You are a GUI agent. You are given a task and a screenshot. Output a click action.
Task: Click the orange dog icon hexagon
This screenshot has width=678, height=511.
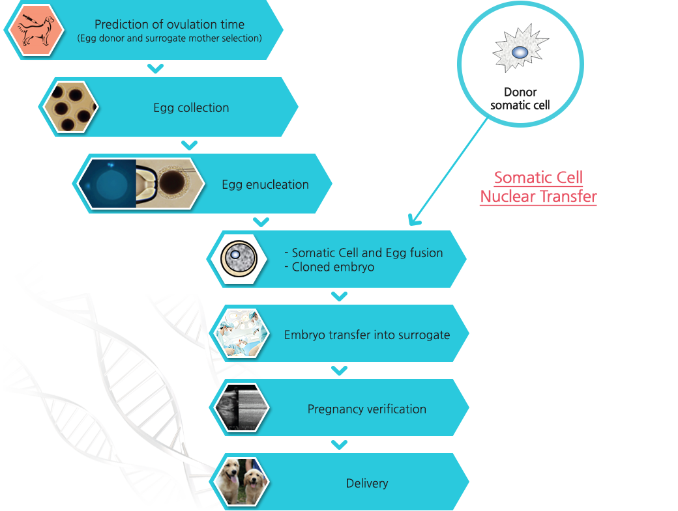[37, 29]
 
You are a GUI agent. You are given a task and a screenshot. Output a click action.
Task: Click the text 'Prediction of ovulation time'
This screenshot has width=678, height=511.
[169, 24]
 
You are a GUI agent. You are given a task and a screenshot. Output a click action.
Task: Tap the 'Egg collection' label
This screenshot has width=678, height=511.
[191, 107]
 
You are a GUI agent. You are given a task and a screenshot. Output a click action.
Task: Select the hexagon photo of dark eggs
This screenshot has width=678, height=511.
[70, 107]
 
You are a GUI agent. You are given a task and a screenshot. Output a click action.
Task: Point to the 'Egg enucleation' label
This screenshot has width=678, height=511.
[265, 184]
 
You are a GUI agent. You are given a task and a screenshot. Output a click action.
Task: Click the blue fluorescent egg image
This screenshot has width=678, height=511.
[108, 183]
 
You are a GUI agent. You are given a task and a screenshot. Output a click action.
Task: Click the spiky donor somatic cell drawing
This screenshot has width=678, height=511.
[520, 48]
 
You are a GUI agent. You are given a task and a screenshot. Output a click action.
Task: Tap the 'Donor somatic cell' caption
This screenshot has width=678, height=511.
[520, 98]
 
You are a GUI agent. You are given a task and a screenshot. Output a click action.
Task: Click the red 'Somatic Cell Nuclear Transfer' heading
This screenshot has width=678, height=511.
[538, 187]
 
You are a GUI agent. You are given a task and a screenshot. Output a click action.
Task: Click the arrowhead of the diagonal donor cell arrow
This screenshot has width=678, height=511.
[413, 220]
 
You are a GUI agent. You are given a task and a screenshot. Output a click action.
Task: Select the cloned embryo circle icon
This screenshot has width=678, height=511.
[239, 259]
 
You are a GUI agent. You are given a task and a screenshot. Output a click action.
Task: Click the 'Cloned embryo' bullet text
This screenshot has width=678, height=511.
[329, 267]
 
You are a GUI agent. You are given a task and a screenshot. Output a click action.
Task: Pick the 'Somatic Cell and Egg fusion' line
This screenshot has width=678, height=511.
[364, 253]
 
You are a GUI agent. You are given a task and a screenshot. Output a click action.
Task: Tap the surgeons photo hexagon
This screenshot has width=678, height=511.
[240, 333]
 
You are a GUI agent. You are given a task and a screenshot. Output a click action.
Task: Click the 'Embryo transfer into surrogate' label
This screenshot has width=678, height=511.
[367, 335]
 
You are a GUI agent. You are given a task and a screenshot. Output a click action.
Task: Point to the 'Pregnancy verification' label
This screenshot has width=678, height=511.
[367, 409]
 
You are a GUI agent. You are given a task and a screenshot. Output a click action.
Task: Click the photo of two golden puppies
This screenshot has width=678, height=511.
[240, 482]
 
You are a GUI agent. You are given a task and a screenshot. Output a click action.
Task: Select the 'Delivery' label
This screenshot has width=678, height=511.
[367, 484]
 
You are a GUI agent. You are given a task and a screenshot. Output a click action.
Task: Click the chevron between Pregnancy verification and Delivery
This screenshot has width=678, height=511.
[339, 444]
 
